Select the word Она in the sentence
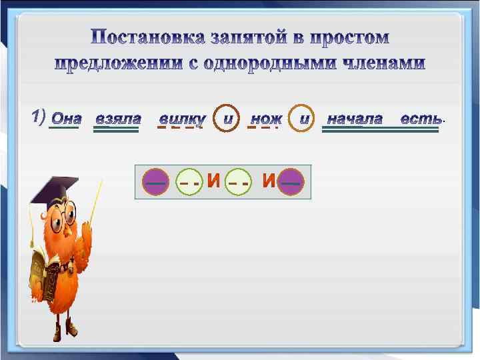click(x=66, y=119)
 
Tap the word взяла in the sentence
click(x=117, y=119)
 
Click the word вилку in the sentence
click(x=181, y=119)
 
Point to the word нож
click(x=265, y=119)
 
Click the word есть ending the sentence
click(x=420, y=119)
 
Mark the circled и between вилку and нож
click(x=227, y=119)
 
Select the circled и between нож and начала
click(x=303, y=119)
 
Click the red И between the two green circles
click(x=213, y=181)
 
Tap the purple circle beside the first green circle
click(x=157, y=181)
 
